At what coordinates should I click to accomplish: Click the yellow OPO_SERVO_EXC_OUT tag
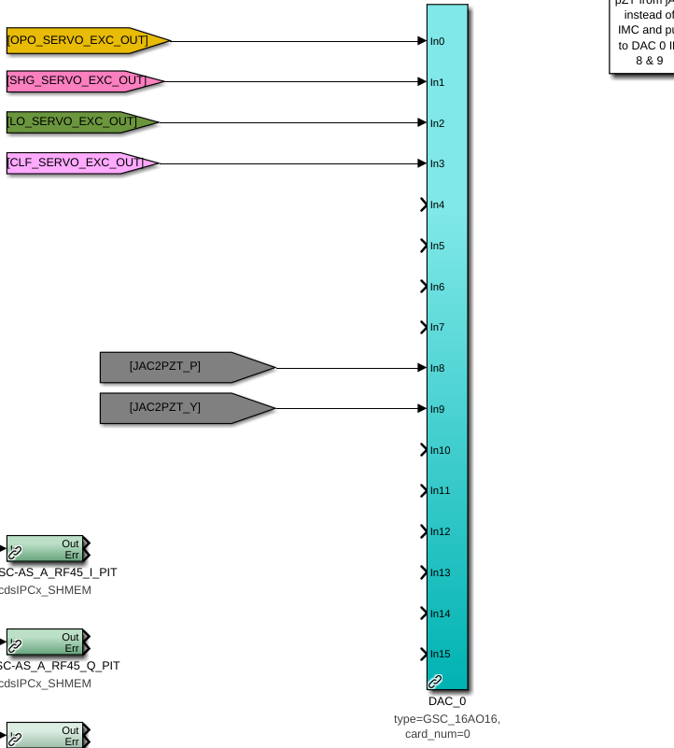pyautogui.click(x=84, y=40)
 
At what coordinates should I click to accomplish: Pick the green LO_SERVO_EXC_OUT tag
pyautogui.click(x=78, y=121)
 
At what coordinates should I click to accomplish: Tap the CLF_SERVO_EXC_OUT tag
pyautogui.click(x=79, y=162)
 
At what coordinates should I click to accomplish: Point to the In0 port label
pyautogui.click(x=437, y=41)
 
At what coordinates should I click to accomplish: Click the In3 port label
pyautogui.click(x=437, y=163)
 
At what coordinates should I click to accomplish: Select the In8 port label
pyautogui.click(x=437, y=368)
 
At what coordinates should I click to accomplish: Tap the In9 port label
pyautogui.click(x=437, y=408)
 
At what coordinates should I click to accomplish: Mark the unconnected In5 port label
pyautogui.click(x=437, y=246)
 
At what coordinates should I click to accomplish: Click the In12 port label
pyautogui.click(x=440, y=531)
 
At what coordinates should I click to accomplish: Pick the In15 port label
pyautogui.click(x=440, y=654)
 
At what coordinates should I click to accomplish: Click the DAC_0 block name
pyautogui.click(x=447, y=701)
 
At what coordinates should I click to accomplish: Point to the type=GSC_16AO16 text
pyautogui.click(x=447, y=718)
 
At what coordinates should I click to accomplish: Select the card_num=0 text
pyautogui.click(x=438, y=734)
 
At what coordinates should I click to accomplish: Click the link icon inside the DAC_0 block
pyautogui.click(x=435, y=682)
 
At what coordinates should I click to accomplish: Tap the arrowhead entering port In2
pyautogui.click(x=422, y=122)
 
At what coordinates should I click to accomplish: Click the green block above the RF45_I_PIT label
pyautogui.click(x=46, y=549)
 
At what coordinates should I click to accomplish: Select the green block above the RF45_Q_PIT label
pyautogui.click(x=46, y=642)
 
